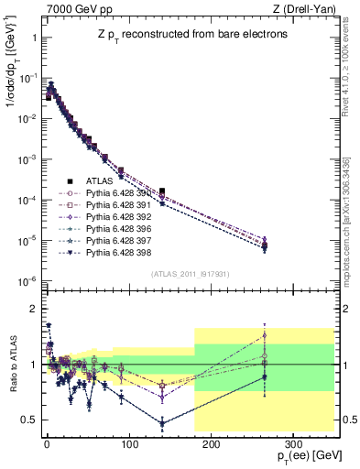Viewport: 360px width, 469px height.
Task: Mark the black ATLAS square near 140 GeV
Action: [x=161, y=191]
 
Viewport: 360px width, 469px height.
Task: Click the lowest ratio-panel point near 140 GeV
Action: [x=162, y=423]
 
